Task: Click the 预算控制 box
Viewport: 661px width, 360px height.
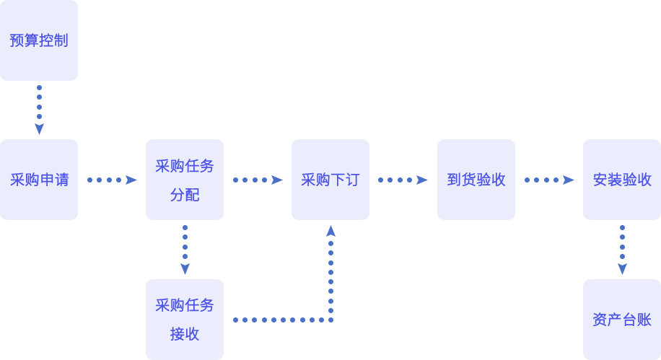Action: pos(39,40)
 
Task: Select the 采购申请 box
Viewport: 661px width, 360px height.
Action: pos(39,180)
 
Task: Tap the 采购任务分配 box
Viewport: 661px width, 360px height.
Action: pos(185,180)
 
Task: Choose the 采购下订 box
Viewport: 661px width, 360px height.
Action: pos(330,180)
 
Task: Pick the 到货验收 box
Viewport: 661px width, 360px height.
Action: pos(476,180)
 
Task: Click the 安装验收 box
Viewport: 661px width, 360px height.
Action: pos(622,180)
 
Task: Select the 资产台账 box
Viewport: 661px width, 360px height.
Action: pos(622,319)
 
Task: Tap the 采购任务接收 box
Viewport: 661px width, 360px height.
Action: pos(185,319)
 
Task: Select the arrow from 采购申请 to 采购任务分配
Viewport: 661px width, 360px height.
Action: pos(112,180)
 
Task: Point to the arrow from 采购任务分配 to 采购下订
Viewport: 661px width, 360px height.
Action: pos(258,180)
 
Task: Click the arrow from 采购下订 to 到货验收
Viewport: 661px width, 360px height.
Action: pos(403,180)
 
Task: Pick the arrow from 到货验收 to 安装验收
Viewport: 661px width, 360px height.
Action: pos(549,180)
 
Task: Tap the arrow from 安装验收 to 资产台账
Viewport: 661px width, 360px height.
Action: pos(622,250)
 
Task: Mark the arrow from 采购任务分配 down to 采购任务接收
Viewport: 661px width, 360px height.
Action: pos(185,250)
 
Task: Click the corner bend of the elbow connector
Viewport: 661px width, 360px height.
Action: pos(330,319)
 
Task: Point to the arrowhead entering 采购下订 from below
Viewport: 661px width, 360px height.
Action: pos(330,231)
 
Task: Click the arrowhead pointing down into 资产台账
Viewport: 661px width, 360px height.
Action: pos(622,269)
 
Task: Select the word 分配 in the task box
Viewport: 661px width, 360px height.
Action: pos(185,195)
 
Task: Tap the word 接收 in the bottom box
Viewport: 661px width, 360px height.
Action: pos(185,334)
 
